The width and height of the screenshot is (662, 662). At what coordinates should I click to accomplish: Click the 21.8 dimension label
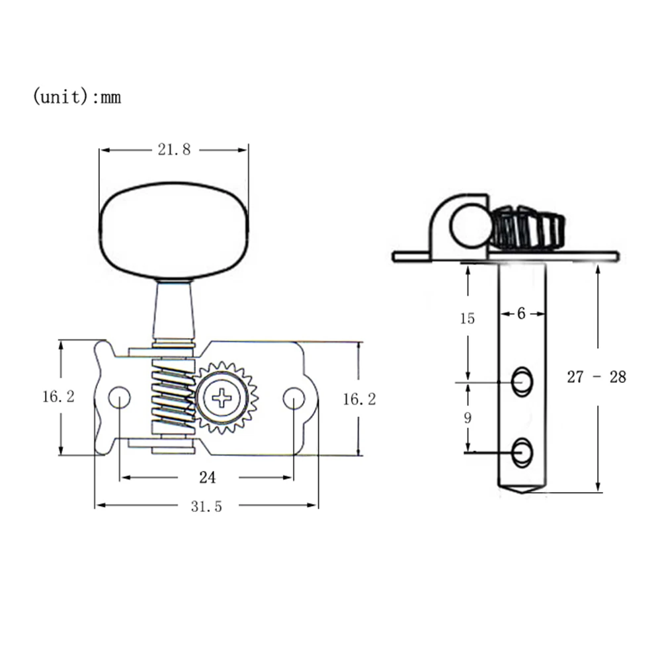[174, 150]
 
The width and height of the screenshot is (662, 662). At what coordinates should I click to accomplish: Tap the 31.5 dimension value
[206, 507]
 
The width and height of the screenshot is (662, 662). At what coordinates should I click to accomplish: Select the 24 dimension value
[207, 477]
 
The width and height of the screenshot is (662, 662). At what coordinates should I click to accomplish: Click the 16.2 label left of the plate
[59, 397]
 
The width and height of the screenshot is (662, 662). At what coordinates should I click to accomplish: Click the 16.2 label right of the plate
[360, 399]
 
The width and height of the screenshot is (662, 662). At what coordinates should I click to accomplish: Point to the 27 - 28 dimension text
[597, 378]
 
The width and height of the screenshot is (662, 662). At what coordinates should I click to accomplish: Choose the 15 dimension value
[468, 319]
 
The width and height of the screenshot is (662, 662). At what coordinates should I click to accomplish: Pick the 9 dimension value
[468, 418]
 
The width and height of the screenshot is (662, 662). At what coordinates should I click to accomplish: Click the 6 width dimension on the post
[521, 314]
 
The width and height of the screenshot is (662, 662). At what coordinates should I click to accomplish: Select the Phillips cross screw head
[224, 398]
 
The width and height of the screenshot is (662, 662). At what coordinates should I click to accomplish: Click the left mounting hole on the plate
[119, 397]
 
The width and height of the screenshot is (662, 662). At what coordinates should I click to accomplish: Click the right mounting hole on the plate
[293, 397]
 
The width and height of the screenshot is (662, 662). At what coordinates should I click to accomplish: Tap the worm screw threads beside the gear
[173, 397]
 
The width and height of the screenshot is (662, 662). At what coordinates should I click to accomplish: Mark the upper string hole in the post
[522, 382]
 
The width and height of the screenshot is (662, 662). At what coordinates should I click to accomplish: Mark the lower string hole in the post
[522, 452]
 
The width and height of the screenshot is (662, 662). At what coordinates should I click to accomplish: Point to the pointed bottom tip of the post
[522, 491]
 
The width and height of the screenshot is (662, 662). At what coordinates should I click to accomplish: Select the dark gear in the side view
[527, 228]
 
